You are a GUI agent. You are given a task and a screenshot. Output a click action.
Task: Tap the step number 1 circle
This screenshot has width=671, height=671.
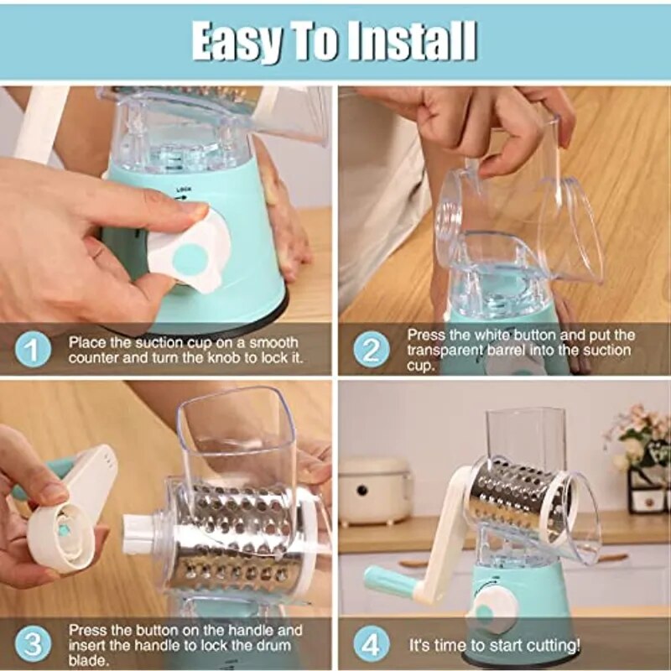pyautogui.click(x=33, y=349)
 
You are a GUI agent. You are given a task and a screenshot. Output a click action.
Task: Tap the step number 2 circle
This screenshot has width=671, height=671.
pyautogui.click(x=372, y=349)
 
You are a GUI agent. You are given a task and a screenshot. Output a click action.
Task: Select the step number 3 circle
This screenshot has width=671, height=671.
pyautogui.click(x=33, y=644)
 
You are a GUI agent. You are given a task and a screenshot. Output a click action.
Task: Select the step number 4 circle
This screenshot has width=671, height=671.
pyautogui.click(x=372, y=644)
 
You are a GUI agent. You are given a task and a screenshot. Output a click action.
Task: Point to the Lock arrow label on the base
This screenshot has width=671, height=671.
pyautogui.click(x=181, y=194)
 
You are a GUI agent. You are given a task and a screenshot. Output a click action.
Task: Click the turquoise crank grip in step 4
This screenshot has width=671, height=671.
pyautogui.click(x=390, y=580)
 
